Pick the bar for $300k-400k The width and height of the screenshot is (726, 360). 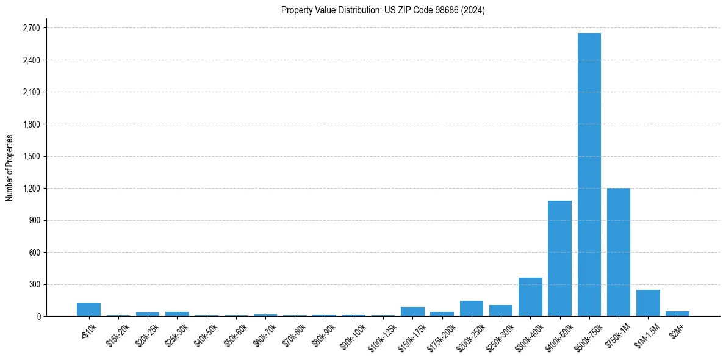(530, 297)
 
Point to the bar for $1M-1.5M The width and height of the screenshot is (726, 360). (648, 303)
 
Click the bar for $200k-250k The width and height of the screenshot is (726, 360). (471, 309)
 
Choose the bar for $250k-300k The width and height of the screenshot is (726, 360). (501, 311)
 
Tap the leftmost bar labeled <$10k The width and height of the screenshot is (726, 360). (88, 309)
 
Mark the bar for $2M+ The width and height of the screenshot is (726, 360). (677, 314)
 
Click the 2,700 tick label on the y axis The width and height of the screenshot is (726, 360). (31, 28)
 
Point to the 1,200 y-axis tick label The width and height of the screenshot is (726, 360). (31, 189)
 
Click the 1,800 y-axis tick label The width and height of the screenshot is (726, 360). (31, 124)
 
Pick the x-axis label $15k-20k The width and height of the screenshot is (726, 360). (118, 333)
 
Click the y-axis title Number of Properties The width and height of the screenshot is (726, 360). (9, 168)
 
